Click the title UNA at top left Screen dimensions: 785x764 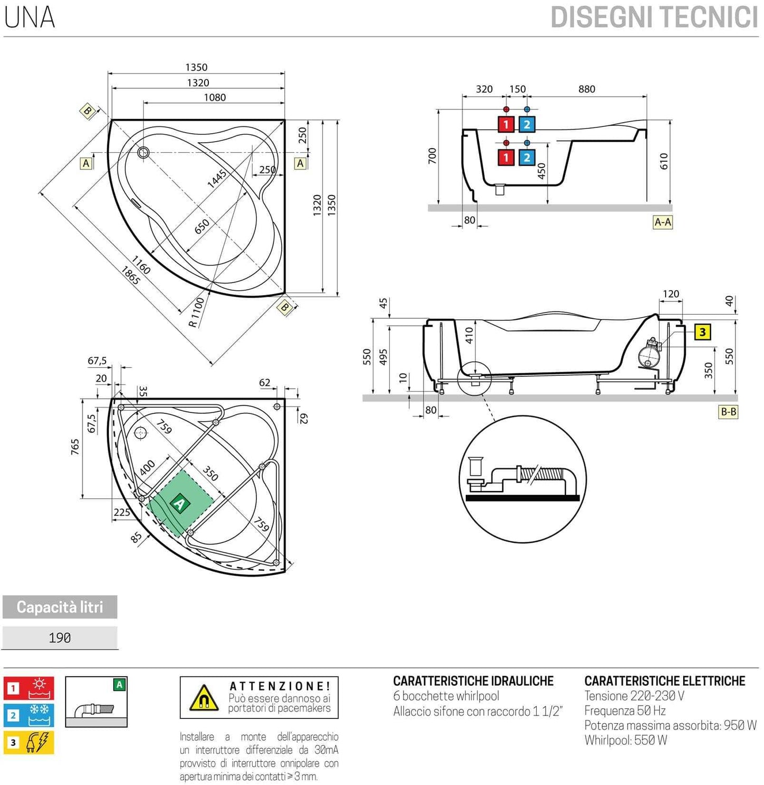tap(30, 17)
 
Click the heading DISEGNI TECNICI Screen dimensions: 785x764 tap(654, 17)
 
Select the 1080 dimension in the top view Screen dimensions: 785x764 tap(215, 97)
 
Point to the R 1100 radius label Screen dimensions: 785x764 tap(196, 312)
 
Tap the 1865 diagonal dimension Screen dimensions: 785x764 tap(130, 275)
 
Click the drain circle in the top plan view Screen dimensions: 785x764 tap(143, 153)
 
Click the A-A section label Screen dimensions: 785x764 tap(662, 222)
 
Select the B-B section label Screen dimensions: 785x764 tap(728, 412)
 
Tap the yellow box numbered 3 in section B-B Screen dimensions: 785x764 tap(702, 332)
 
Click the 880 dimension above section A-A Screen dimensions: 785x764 tap(586, 89)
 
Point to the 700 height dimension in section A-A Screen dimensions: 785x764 tap(432, 155)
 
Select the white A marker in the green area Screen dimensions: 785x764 tap(180, 503)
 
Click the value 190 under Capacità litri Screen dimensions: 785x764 tap(60, 638)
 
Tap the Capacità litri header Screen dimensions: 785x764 tap(60, 607)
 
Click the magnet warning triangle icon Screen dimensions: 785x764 tap(204, 698)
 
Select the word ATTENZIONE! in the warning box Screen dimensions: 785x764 tap(280, 686)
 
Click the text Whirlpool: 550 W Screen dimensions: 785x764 tap(625, 740)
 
